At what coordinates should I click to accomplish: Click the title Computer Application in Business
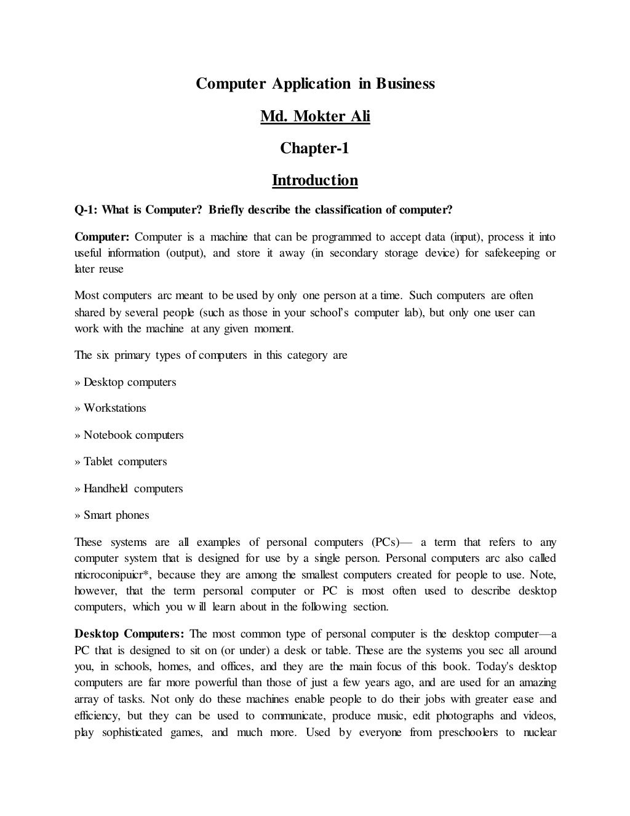[x=315, y=84]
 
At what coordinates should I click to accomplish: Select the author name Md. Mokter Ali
[x=315, y=116]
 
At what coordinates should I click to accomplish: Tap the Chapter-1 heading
[x=315, y=148]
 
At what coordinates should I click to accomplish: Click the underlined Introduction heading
[x=315, y=180]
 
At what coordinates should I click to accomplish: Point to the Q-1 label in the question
[x=86, y=210]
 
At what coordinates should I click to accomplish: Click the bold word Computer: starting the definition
[x=102, y=237]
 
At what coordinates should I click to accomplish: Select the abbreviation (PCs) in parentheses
[x=386, y=542]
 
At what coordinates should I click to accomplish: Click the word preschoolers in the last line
[x=468, y=732]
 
